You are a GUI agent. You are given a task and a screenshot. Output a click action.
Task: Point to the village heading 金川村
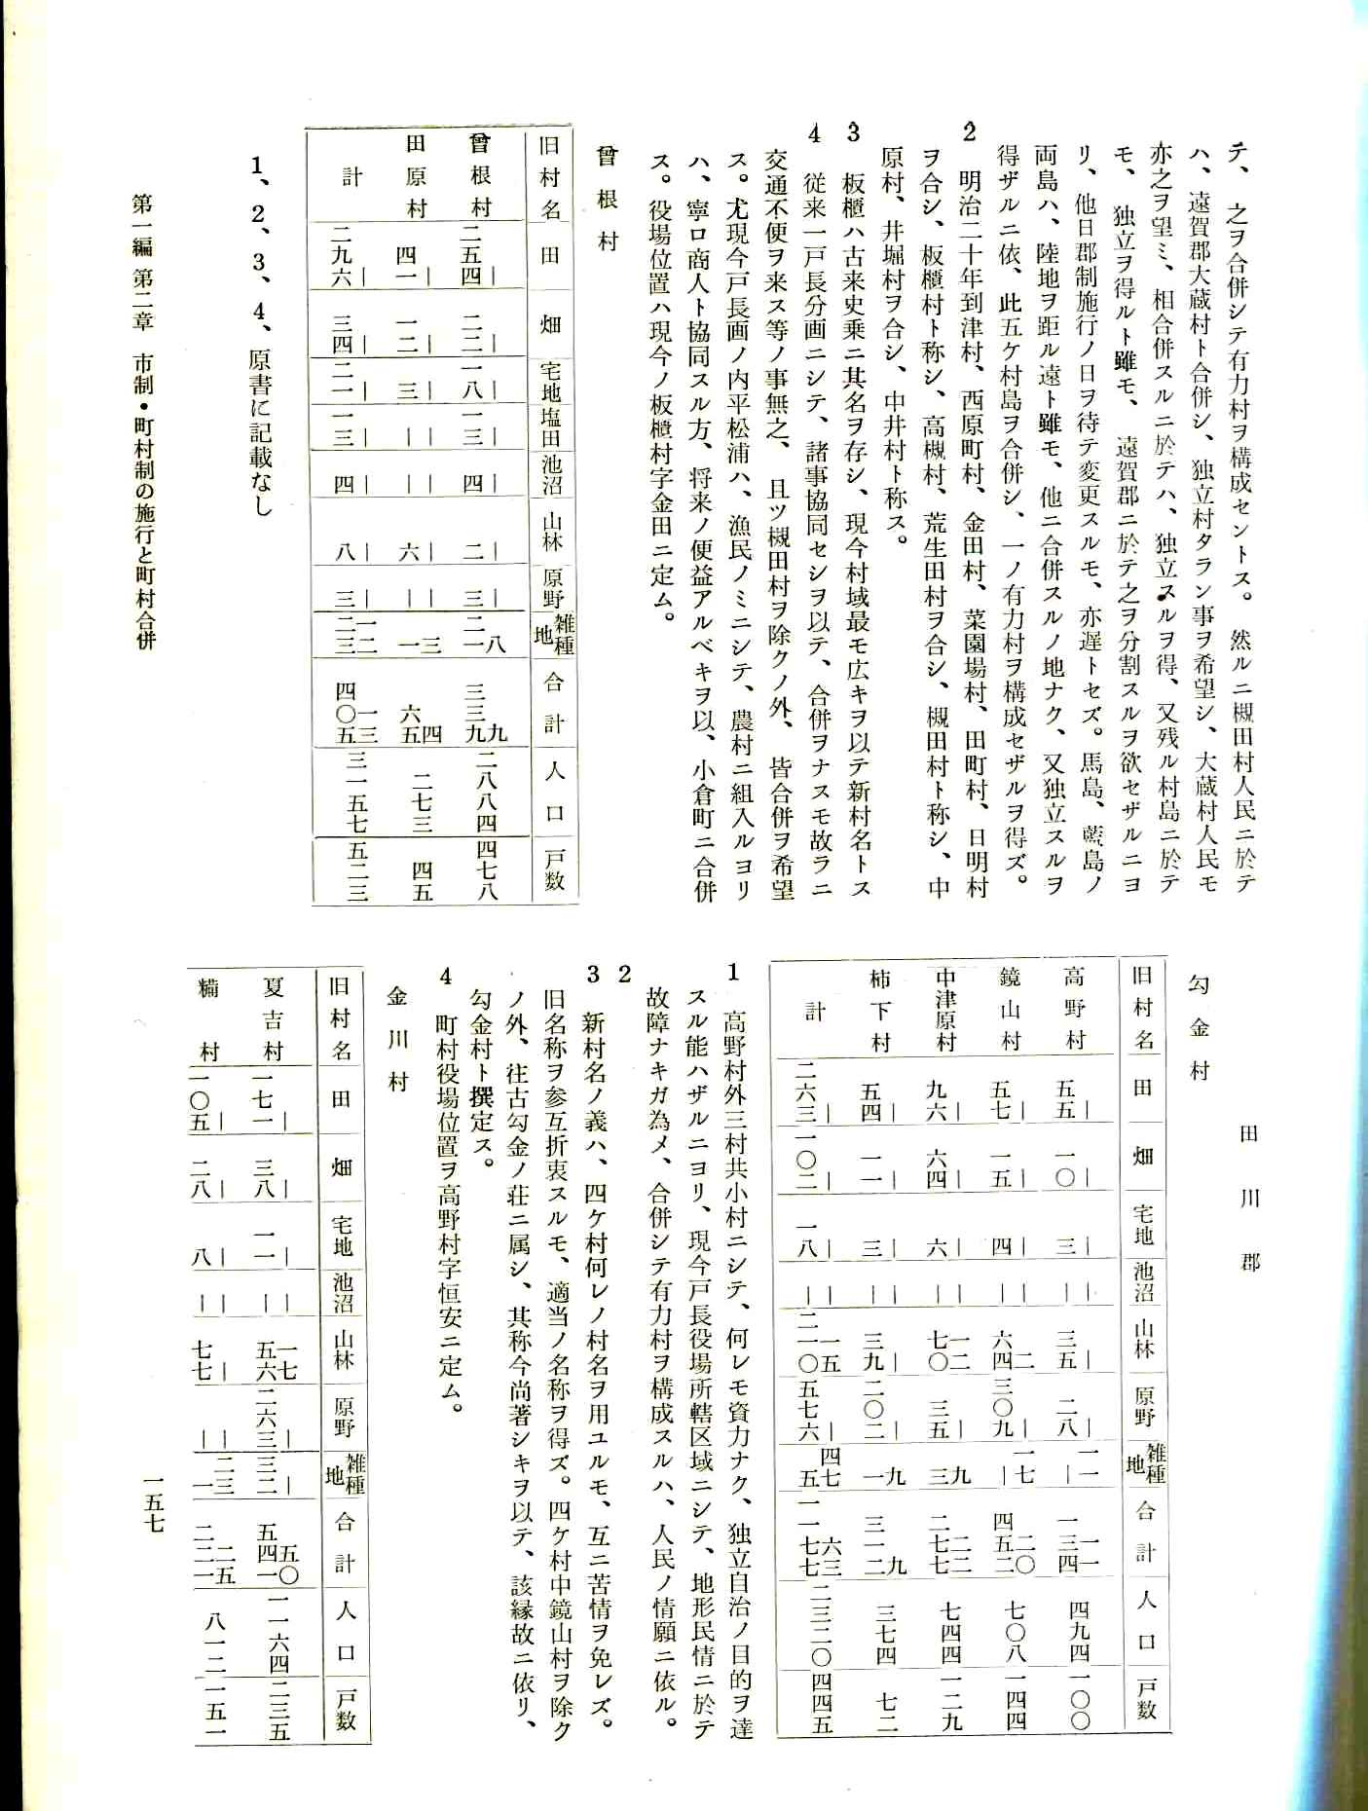pos(397,1038)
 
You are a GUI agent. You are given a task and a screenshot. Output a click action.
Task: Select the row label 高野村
pos(1074,1008)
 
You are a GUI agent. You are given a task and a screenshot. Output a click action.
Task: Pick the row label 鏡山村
pos(1010,1008)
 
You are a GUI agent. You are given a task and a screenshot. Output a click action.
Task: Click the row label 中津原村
pos(944,1008)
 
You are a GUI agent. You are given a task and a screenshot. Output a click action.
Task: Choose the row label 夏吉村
pos(274,1018)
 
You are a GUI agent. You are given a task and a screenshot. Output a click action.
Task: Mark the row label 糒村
pos(208,1018)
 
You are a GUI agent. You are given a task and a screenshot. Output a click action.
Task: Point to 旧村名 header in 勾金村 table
pos(1144,1008)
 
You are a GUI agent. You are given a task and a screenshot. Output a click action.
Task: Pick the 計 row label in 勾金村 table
pos(815,1012)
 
